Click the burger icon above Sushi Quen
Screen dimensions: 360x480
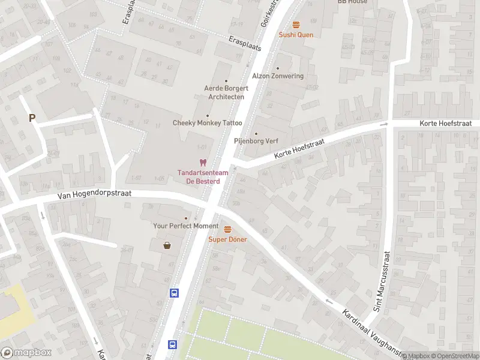tap(296, 25)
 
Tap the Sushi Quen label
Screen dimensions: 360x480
tap(296, 35)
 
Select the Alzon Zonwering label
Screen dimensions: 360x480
tap(278, 76)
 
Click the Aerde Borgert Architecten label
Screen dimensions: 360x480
tap(226, 92)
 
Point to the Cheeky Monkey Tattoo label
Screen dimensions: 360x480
tap(208, 123)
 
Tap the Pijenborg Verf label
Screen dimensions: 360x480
tap(256, 142)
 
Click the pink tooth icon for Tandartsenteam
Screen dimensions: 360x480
tap(203, 163)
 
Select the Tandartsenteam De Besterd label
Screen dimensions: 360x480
tap(199, 177)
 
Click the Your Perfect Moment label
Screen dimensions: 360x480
tap(186, 226)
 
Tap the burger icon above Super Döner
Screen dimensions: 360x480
tap(227, 229)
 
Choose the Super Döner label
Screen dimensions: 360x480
tap(227, 239)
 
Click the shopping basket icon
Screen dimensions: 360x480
tap(167, 245)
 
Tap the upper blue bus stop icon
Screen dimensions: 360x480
tap(174, 293)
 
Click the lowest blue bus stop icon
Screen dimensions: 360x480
tap(172, 344)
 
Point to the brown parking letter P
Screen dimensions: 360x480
tap(32, 118)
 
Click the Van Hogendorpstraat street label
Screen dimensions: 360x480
tap(95, 194)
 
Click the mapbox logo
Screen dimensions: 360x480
tap(26, 353)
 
